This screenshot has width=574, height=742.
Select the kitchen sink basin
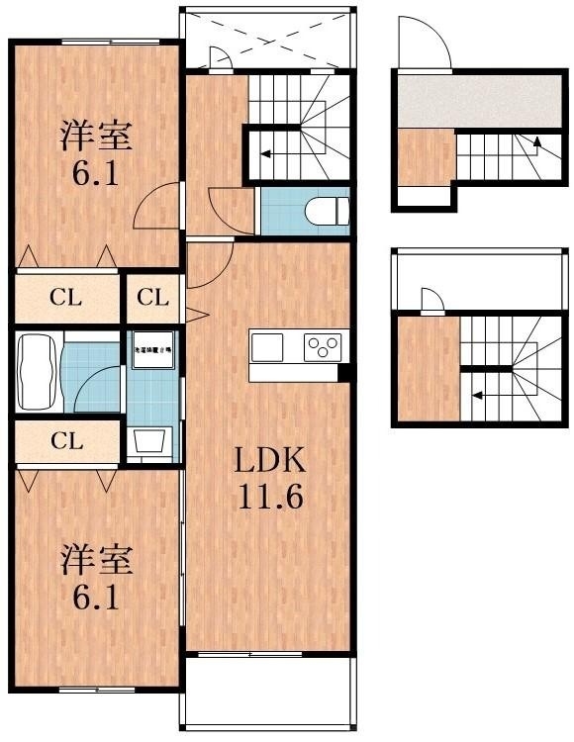[x=266, y=347]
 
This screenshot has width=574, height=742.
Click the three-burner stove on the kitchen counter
[x=323, y=347]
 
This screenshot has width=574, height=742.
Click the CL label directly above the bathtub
[x=65, y=297]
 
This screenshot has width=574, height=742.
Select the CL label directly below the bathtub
[x=65, y=441]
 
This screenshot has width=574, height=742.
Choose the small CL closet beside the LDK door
[x=152, y=297]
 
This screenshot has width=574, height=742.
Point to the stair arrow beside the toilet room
[x=265, y=153]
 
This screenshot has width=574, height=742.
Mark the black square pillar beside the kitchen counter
[x=344, y=372]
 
